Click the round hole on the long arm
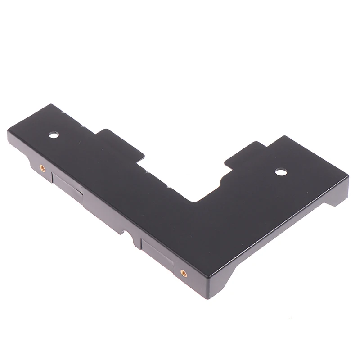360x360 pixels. click(x=54, y=134)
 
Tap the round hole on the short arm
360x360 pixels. click(x=281, y=171)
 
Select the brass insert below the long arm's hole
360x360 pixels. click(x=42, y=168)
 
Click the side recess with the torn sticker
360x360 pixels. click(x=67, y=184)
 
